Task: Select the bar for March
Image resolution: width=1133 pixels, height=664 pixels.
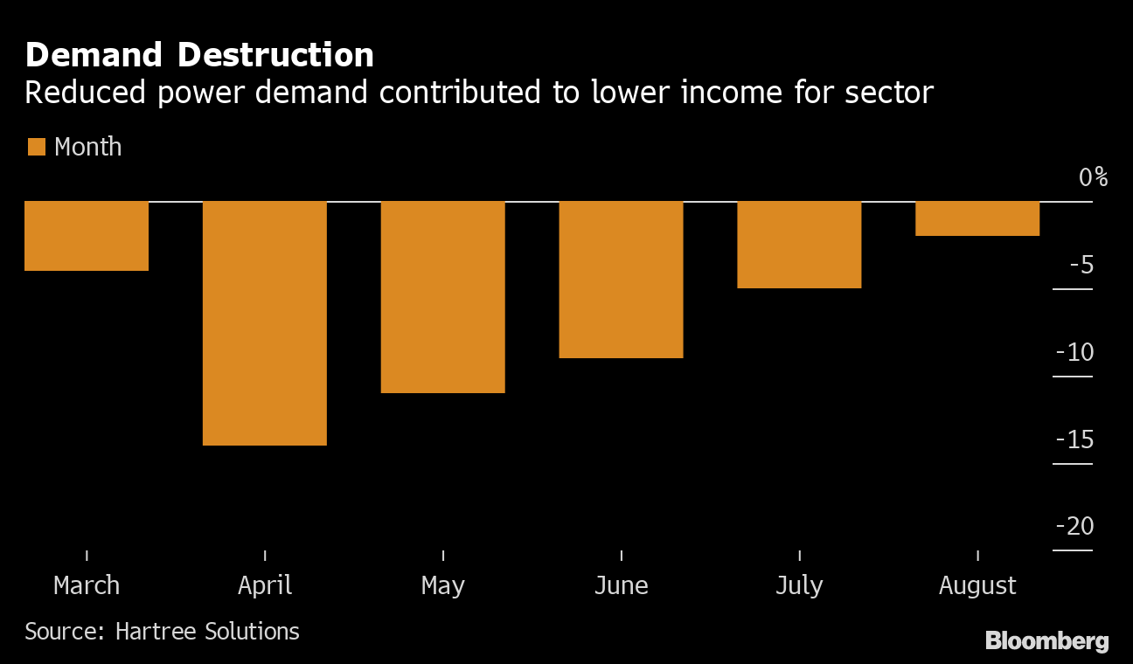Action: pyautogui.click(x=87, y=236)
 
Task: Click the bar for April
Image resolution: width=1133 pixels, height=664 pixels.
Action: pyautogui.click(x=265, y=323)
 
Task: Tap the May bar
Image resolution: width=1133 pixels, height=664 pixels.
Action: pyautogui.click(x=443, y=297)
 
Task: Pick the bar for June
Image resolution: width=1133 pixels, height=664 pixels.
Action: pyautogui.click(x=622, y=280)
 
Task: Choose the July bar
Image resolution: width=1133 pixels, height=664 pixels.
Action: pyautogui.click(x=799, y=245)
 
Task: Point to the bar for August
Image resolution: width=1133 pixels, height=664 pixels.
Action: pyautogui.click(x=977, y=218)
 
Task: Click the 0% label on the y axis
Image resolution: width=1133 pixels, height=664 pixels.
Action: pyautogui.click(x=1093, y=177)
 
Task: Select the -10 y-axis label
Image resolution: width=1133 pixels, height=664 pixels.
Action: pyautogui.click(x=1074, y=352)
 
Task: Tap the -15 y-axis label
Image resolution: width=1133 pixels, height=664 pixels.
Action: pyautogui.click(x=1074, y=439)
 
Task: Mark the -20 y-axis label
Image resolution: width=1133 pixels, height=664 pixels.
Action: pyautogui.click(x=1074, y=527)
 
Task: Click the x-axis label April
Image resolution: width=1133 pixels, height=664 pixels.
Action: pyautogui.click(x=265, y=585)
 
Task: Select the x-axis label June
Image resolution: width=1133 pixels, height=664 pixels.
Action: pyautogui.click(x=622, y=585)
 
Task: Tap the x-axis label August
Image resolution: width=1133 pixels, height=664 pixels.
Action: pyautogui.click(x=977, y=585)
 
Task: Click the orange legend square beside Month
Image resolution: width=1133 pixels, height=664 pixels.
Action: pyautogui.click(x=36, y=147)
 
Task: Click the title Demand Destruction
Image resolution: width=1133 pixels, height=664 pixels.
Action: pyautogui.click(x=199, y=55)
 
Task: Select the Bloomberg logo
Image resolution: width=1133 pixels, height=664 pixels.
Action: pyautogui.click(x=1046, y=640)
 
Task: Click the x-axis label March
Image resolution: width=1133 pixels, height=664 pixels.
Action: pyautogui.click(x=87, y=585)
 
